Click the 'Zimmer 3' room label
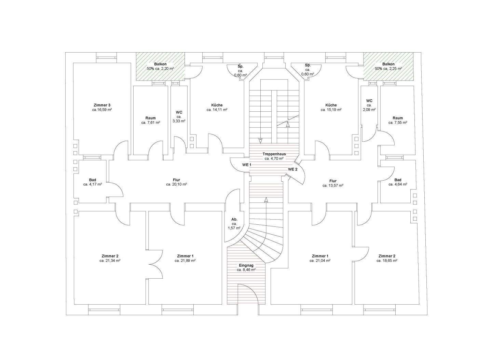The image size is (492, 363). click(102, 105)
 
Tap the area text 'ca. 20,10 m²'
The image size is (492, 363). click(176, 184)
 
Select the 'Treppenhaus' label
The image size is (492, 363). click(274, 154)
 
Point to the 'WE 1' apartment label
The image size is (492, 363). click(247, 165)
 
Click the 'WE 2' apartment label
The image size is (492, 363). click(292, 169)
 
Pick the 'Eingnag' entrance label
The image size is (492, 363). click(246, 265)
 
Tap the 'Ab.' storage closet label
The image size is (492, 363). click(234, 219)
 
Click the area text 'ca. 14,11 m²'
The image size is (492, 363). click(217, 110)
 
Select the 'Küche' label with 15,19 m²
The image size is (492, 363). click(331, 105)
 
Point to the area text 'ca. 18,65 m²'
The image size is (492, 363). click(387, 261)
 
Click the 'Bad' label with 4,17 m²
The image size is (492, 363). click(93, 180)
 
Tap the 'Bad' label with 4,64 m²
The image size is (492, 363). click(398, 180)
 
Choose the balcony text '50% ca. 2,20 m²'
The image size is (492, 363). click(160, 69)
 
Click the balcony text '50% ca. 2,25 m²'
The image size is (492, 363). click(388, 69)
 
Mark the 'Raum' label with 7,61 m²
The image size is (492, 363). click(150, 118)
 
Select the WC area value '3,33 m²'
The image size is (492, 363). click(179, 121)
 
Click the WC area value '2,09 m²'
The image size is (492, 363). click(369, 110)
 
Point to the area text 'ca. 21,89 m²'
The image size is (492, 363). click(185, 261)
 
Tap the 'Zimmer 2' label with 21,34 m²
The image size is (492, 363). click(110, 256)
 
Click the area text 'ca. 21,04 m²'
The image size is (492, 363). click(320, 261)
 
